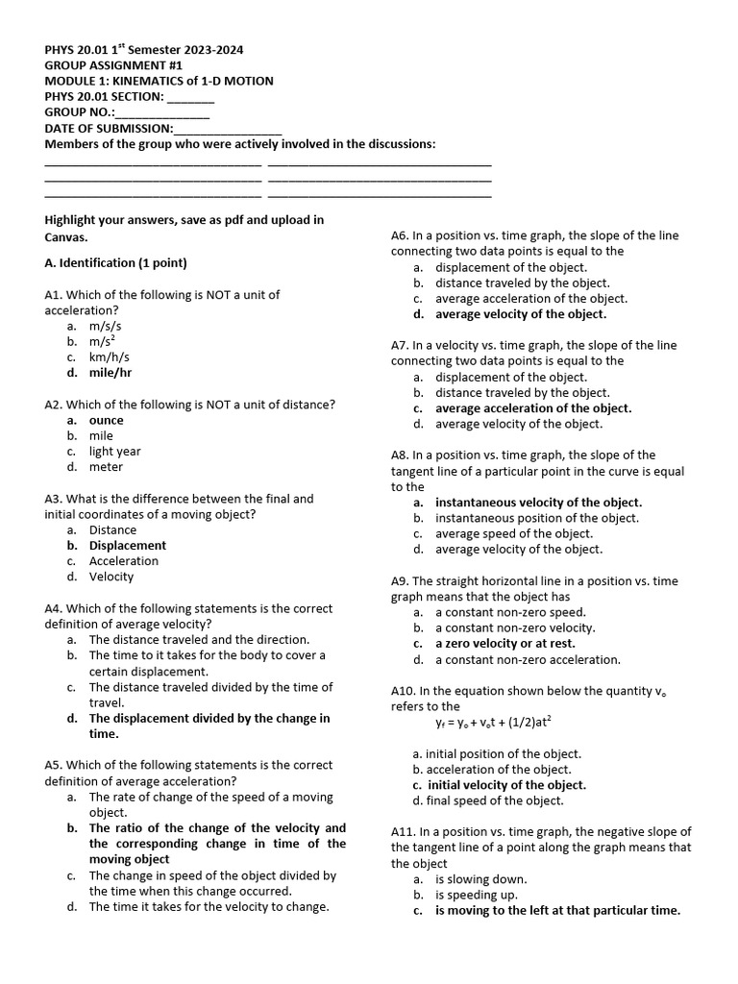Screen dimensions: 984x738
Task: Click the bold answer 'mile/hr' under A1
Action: pos(111,373)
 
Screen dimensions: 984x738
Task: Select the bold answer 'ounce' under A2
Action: pos(107,420)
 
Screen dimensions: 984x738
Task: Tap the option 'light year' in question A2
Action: pos(114,452)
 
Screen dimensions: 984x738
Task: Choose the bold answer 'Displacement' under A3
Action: pos(128,546)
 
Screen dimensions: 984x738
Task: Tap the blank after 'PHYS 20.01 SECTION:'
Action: pos(191,97)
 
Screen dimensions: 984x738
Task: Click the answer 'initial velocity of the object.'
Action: pos(506,785)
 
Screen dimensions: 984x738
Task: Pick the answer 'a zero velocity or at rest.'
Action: pos(505,644)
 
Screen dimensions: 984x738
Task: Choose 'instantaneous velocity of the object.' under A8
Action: pos(538,503)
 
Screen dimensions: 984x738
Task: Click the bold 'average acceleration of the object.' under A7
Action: pos(533,408)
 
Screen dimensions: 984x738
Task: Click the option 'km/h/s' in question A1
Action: pos(110,357)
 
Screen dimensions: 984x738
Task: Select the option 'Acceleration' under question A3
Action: pos(124,561)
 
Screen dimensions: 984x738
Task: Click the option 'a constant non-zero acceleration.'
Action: pos(528,660)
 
